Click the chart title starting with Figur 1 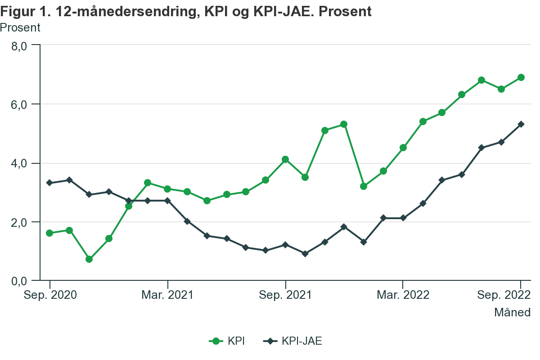point(186,12)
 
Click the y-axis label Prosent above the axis point(20,27)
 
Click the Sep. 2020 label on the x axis point(50,295)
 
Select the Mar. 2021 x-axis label point(167,295)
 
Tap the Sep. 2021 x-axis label point(285,295)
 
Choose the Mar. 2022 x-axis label point(402,295)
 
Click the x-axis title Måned point(512,312)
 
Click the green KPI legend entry point(227,341)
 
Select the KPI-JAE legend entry point(292,341)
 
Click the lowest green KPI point point(89,259)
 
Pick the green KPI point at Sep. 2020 point(49,233)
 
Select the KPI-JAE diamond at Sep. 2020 point(49,183)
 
